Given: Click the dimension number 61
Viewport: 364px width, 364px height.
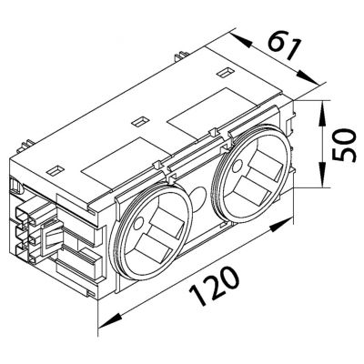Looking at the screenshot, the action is (284, 48).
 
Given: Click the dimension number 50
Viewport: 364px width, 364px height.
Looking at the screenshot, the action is (343, 145).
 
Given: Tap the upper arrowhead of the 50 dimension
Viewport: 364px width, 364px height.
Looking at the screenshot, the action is (322, 112).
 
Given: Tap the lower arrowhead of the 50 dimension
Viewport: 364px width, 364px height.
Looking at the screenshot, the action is (322, 175).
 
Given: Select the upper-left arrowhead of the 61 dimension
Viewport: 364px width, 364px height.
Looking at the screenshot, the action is (241, 41).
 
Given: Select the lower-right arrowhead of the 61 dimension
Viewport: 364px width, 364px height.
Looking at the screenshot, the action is (308, 77).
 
